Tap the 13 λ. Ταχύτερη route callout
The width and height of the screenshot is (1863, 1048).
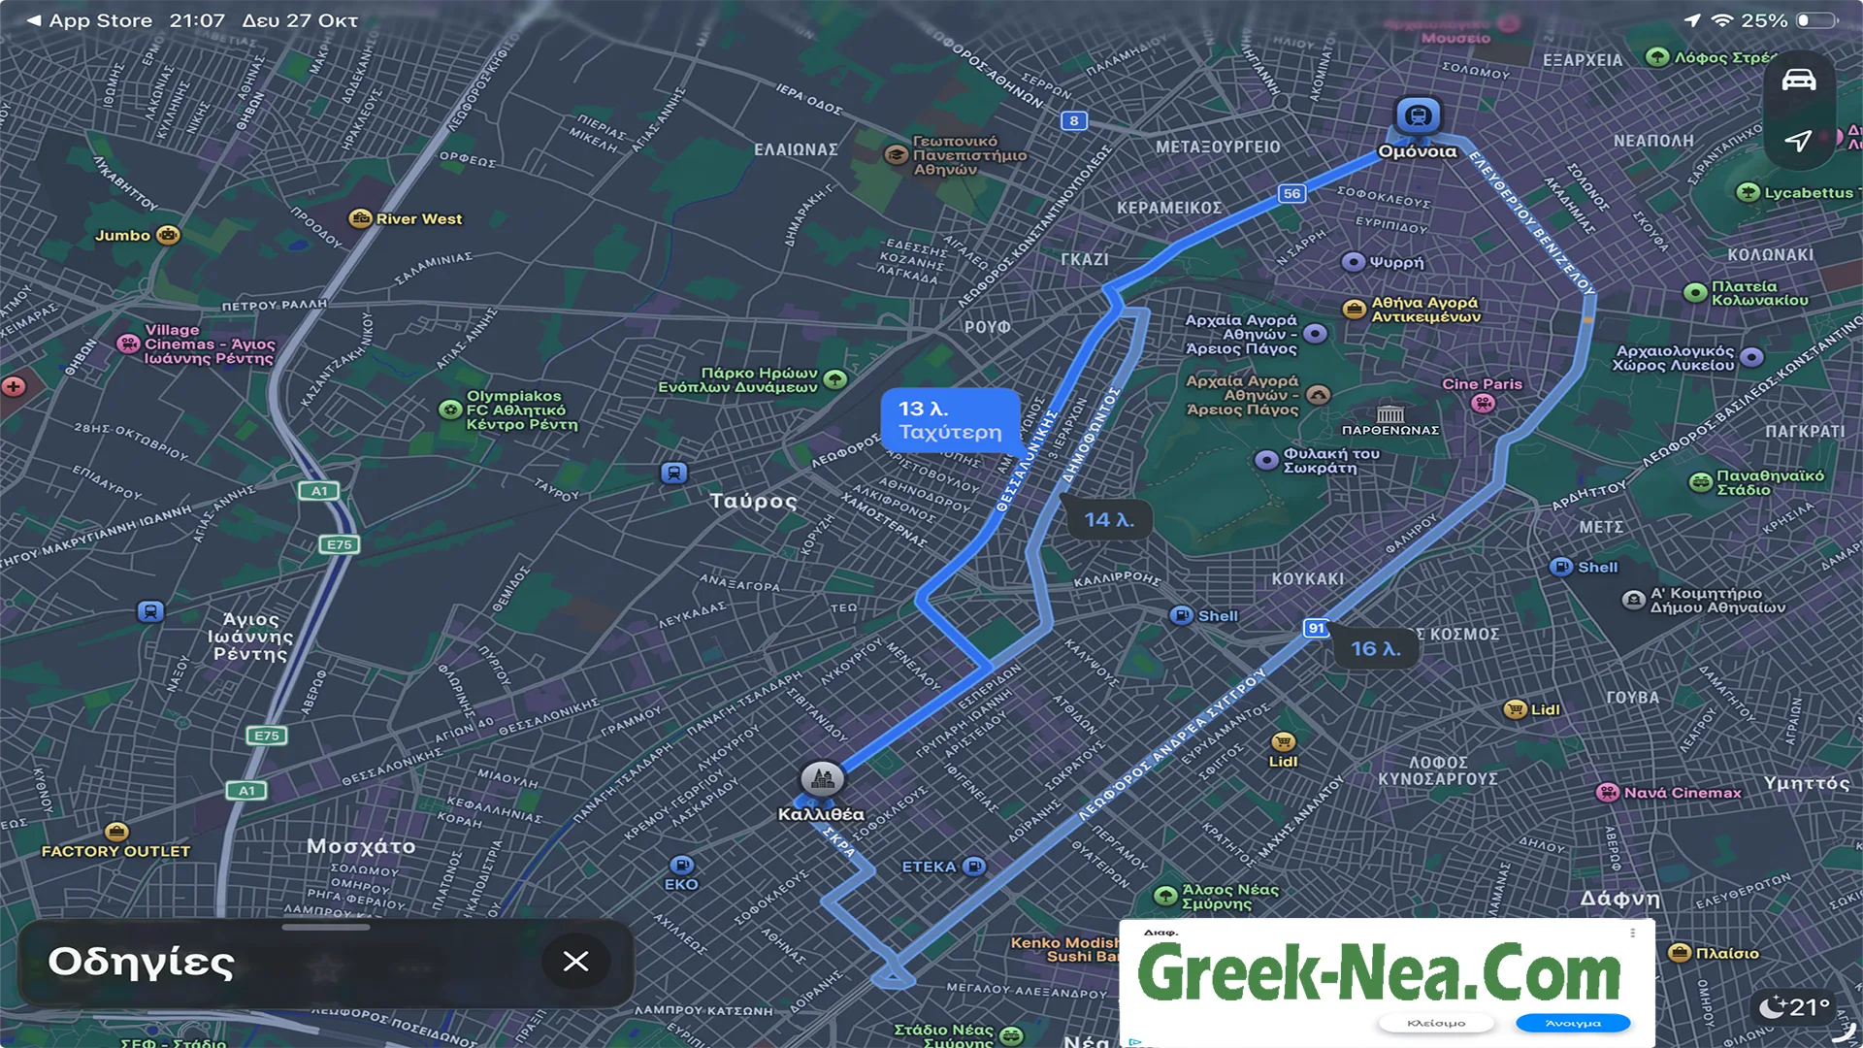pos(950,420)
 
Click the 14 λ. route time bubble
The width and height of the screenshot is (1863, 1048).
pos(1109,520)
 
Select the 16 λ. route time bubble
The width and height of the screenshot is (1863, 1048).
pos(1375,648)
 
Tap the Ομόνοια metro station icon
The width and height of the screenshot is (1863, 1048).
pos(1418,116)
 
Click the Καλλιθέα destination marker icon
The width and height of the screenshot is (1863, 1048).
pos(822,778)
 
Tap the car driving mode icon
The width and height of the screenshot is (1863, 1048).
pos(1798,81)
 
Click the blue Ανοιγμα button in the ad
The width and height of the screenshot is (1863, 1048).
pos(1573,1023)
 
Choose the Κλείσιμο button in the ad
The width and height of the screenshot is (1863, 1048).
pos(1436,1023)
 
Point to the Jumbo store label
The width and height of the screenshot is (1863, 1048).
pos(123,235)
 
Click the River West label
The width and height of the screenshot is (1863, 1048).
pos(418,219)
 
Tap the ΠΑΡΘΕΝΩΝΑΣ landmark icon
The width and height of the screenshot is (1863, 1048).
pos(1389,414)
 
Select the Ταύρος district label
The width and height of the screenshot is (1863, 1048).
pos(753,502)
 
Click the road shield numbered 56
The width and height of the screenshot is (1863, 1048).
pos(1291,193)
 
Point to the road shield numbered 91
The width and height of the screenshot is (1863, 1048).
pos(1316,628)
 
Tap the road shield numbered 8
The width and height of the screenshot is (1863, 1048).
pos(1073,120)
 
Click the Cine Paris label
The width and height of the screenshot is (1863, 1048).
pos(1482,384)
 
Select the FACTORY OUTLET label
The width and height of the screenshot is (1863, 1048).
pos(115,851)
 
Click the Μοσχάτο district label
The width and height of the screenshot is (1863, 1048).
pos(361,846)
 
